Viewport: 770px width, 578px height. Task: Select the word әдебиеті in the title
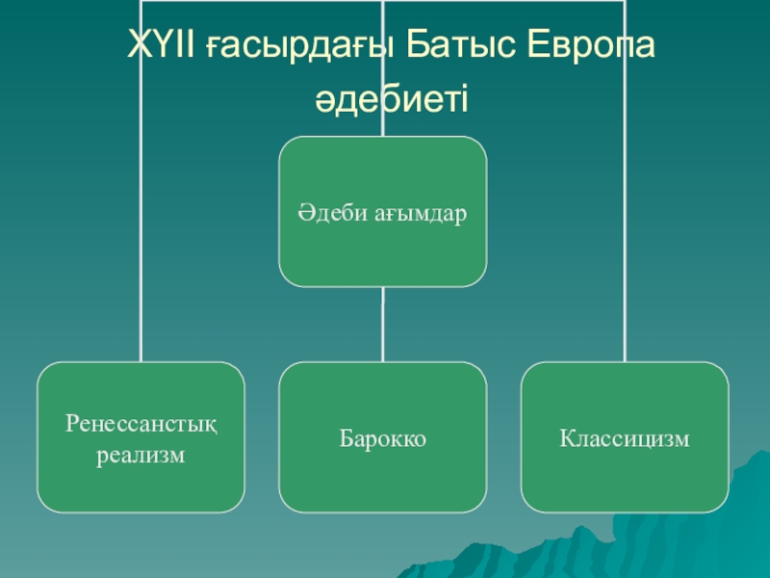(391, 97)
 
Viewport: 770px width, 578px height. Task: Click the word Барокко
(382, 439)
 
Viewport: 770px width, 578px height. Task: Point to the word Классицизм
(625, 439)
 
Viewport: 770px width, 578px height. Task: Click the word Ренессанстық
(141, 423)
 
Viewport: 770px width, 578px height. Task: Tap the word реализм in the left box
(141, 453)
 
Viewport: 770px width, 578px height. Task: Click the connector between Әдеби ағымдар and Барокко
(382, 325)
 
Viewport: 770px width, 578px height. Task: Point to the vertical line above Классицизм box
(625, 241)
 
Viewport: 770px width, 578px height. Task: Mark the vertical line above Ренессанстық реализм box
(141, 241)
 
